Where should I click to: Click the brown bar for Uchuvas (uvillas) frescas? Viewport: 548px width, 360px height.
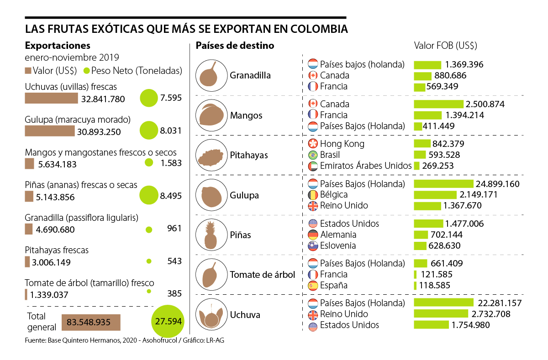click(51, 99)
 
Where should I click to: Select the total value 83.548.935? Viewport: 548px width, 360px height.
click(90, 322)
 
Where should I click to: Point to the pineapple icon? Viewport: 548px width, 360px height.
click(211, 235)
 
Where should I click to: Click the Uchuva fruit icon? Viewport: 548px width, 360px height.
click(211, 315)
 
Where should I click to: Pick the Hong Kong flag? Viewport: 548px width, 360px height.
click(313, 144)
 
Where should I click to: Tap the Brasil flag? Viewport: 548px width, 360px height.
click(313, 155)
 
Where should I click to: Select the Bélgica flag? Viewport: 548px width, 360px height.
click(313, 195)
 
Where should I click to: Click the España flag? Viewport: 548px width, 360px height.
click(313, 286)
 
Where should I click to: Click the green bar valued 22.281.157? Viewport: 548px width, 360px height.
click(443, 303)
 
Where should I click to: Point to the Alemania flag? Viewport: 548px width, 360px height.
click(313, 235)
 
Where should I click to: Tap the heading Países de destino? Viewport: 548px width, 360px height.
click(235, 46)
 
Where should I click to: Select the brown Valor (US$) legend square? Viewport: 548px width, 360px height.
click(28, 71)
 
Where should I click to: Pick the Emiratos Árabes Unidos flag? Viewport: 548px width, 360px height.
click(313, 166)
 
